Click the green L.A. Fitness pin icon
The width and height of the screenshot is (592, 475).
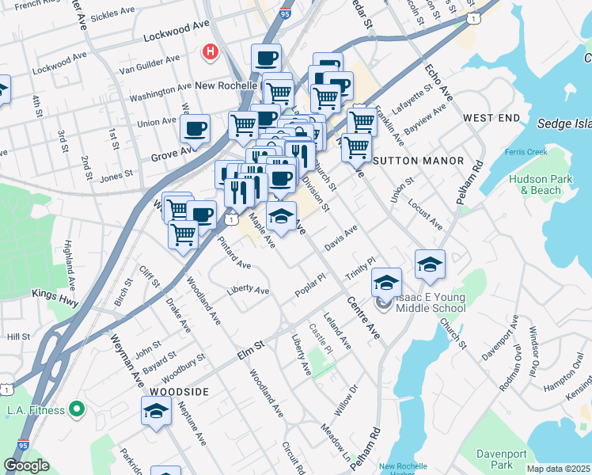coord(77,409)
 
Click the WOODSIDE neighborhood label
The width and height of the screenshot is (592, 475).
coord(176,392)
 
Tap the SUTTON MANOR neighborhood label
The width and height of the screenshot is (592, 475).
coord(418,161)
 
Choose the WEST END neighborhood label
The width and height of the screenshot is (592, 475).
coord(491,118)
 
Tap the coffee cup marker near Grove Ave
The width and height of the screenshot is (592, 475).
coord(195,128)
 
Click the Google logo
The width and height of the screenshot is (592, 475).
coord(27,465)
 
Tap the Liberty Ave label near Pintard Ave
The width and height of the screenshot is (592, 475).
coord(248,291)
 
